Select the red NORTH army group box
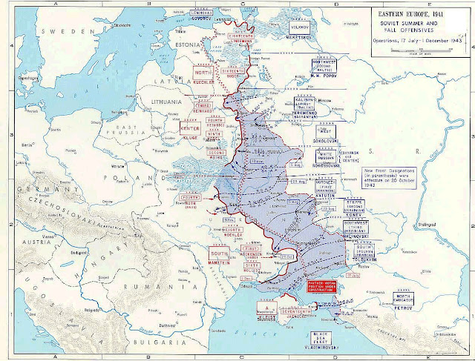coord(202,73)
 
